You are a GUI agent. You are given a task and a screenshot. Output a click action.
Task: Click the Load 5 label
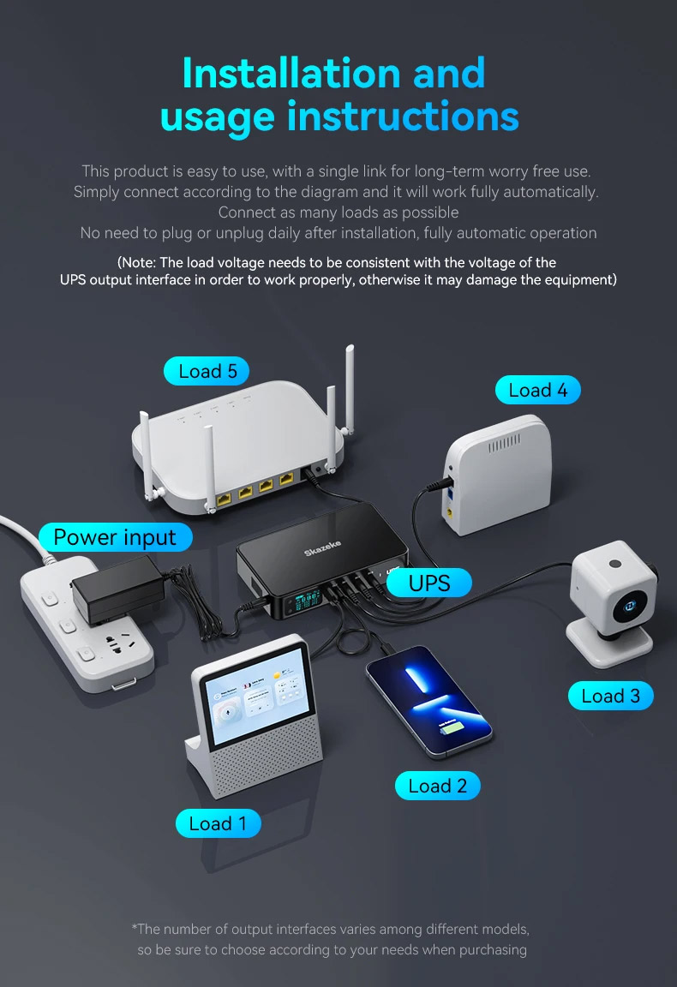[x=207, y=371]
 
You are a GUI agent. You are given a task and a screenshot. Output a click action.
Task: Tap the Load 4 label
[x=537, y=390]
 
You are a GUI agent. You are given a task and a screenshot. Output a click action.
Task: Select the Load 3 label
[x=610, y=696]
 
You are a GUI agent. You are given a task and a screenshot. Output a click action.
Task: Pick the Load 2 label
[x=438, y=786]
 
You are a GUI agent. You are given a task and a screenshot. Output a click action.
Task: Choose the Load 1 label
[x=218, y=823]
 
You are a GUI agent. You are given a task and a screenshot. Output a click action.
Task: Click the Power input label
[x=115, y=537]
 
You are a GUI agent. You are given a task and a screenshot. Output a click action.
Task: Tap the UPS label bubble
[x=428, y=583]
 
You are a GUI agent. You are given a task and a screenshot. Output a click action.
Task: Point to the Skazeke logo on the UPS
[x=322, y=547]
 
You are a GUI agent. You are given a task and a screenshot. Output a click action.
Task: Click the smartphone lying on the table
[x=429, y=700]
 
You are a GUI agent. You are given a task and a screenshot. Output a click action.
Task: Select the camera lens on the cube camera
[x=630, y=607]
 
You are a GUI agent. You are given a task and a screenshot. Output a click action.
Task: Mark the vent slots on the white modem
[x=505, y=442]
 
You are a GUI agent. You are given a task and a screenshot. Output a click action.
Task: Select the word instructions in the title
[x=403, y=117]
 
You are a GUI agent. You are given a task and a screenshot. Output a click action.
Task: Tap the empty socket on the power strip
[x=119, y=644]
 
